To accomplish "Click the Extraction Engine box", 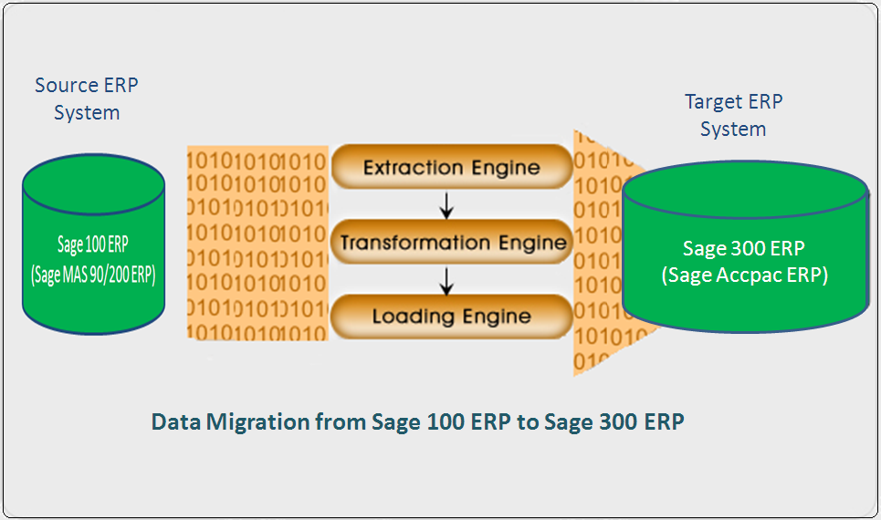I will click(451, 168).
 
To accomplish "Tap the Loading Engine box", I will click(451, 317).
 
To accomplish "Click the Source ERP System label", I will click(87, 99).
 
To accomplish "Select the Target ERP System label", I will click(733, 115).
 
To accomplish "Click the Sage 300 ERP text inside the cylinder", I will click(743, 248).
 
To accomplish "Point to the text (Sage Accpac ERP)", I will click(743, 275).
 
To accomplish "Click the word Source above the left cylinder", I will click(66, 85).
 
